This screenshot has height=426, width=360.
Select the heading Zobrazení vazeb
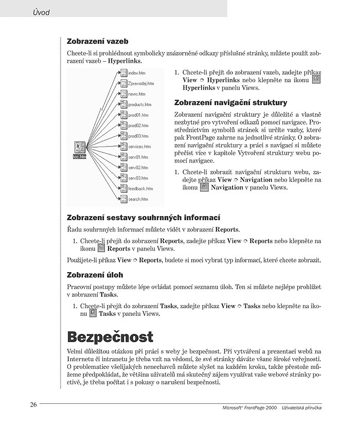click(97, 41)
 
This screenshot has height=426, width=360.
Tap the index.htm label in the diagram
click(136, 74)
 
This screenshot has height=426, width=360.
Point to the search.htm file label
click(138, 199)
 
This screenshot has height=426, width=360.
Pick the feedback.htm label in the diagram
click(140, 189)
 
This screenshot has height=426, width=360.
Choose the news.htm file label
click(136, 94)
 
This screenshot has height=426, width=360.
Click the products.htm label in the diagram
click(139, 105)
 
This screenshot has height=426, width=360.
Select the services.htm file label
click(139, 147)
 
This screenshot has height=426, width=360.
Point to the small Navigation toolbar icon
click(204, 188)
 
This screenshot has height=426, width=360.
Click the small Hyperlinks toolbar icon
click(316, 80)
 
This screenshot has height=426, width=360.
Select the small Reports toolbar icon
click(101, 248)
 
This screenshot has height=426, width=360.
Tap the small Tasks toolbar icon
click(93, 313)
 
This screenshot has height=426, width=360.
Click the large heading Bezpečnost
click(110, 337)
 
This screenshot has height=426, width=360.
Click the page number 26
click(33, 404)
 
